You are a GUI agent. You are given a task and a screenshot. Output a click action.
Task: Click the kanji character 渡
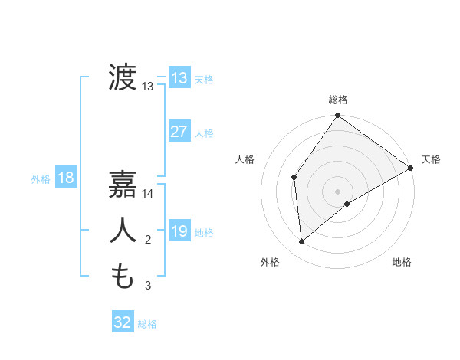coord(123,78)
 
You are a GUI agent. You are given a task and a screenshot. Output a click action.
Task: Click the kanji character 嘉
coord(123,184)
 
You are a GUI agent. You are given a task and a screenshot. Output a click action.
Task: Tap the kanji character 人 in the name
coord(123,231)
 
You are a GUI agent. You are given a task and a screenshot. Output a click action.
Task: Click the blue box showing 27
coord(179,132)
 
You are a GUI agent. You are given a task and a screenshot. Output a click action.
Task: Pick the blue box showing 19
coord(179,231)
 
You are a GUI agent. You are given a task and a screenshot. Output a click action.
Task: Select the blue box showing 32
coord(122,322)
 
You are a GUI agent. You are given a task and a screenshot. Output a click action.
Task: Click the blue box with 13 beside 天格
coord(179,78)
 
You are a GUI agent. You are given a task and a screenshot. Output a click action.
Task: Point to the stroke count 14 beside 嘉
coord(148,194)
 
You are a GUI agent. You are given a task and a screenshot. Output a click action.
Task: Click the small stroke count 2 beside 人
coord(148,241)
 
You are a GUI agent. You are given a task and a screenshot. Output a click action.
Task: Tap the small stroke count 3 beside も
coord(148,286)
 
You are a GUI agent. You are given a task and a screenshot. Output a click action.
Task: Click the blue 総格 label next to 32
coord(147,324)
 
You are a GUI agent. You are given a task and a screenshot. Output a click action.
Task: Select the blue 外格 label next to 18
coord(40,179)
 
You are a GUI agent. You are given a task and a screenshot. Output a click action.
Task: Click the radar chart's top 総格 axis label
coord(337,100)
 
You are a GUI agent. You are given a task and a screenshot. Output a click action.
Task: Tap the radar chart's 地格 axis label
coord(402,262)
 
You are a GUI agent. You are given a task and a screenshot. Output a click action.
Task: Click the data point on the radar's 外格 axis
coord(302,242)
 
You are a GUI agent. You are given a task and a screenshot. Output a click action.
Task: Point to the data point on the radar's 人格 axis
coord(294,178)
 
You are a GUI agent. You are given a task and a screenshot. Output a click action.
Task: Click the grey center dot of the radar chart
coord(337,191)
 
